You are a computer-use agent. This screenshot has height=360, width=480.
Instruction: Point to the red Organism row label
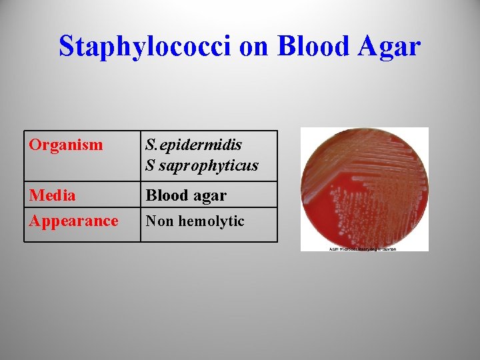pos(66,145)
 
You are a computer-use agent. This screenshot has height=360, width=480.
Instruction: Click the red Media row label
pos(52,195)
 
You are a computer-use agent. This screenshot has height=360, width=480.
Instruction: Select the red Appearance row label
pos(73,221)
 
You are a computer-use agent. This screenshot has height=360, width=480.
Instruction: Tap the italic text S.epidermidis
pos(194,145)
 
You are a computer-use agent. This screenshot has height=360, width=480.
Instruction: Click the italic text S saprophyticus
pos(202,165)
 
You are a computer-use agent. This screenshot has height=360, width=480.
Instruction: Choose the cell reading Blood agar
pos(186,195)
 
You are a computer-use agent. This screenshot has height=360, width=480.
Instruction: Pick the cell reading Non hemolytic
pos(195,221)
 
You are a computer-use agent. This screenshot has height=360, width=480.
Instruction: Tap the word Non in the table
pos(159,221)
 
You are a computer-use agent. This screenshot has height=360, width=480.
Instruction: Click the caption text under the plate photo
pos(364,249)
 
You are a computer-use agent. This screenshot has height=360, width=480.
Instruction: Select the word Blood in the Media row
pos(167,195)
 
